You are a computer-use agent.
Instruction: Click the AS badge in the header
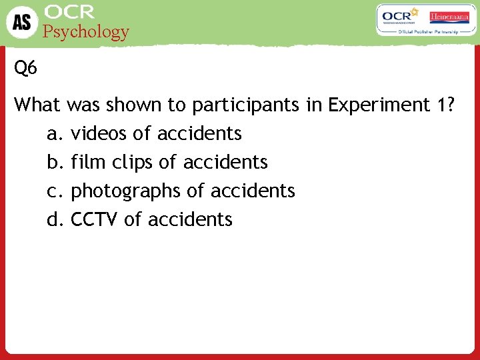pyautogui.click(x=22, y=22)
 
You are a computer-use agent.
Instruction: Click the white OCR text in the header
pyautogui.click(x=69, y=12)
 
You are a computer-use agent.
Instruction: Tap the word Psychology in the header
pyautogui.click(x=86, y=31)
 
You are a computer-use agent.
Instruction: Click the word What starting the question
pyautogui.click(x=37, y=105)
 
